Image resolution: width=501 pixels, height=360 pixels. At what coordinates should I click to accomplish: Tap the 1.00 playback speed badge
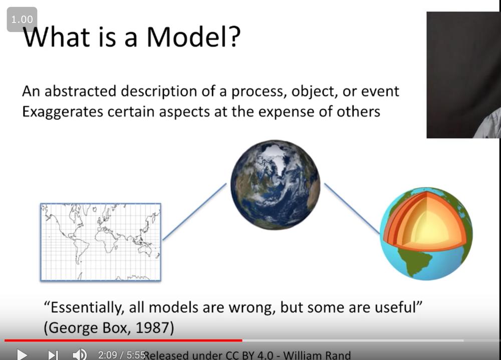(x=22, y=20)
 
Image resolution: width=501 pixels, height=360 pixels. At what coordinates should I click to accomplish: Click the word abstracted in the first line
(x=80, y=91)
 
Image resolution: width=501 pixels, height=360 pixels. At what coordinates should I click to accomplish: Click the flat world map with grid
(x=101, y=242)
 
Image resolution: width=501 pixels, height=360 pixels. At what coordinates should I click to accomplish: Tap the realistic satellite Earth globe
(x=275, y=185)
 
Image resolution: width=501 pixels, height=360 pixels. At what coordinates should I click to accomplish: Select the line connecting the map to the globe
(x=194, y=211)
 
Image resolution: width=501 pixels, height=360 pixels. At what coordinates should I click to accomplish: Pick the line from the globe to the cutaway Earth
(x=352, y=209)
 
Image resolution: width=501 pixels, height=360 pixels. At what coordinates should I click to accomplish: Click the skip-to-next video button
(x=53, y=355)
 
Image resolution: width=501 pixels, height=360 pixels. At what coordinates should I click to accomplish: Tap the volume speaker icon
(x=80, y=354)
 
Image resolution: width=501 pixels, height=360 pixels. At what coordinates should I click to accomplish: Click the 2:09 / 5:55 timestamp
(x=122, y=355)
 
